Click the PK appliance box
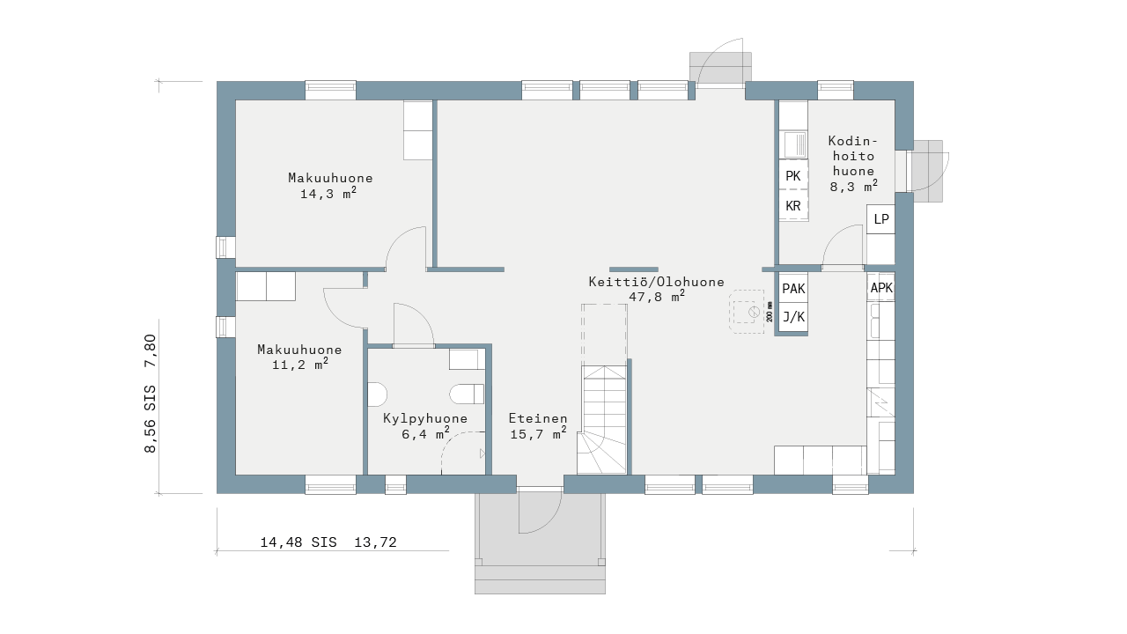pos(793,175)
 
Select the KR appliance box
pos(793,205)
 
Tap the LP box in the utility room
pos(881,219)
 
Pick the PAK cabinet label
pos(793,288)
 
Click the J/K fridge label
pos(793,317)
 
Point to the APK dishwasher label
pos(881,287)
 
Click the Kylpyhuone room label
pos(425,418)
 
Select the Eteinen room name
pos(538,418)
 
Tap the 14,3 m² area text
pos(328,193)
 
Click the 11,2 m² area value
pos(300,364)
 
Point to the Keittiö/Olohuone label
pos(657,282)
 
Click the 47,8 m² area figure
pos(657,296)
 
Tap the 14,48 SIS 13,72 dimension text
pos(328,542)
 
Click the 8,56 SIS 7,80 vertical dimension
pos(151,394)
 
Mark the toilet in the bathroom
pos(467,394)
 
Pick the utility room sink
pos(794,144)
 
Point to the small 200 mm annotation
pos(770,312)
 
